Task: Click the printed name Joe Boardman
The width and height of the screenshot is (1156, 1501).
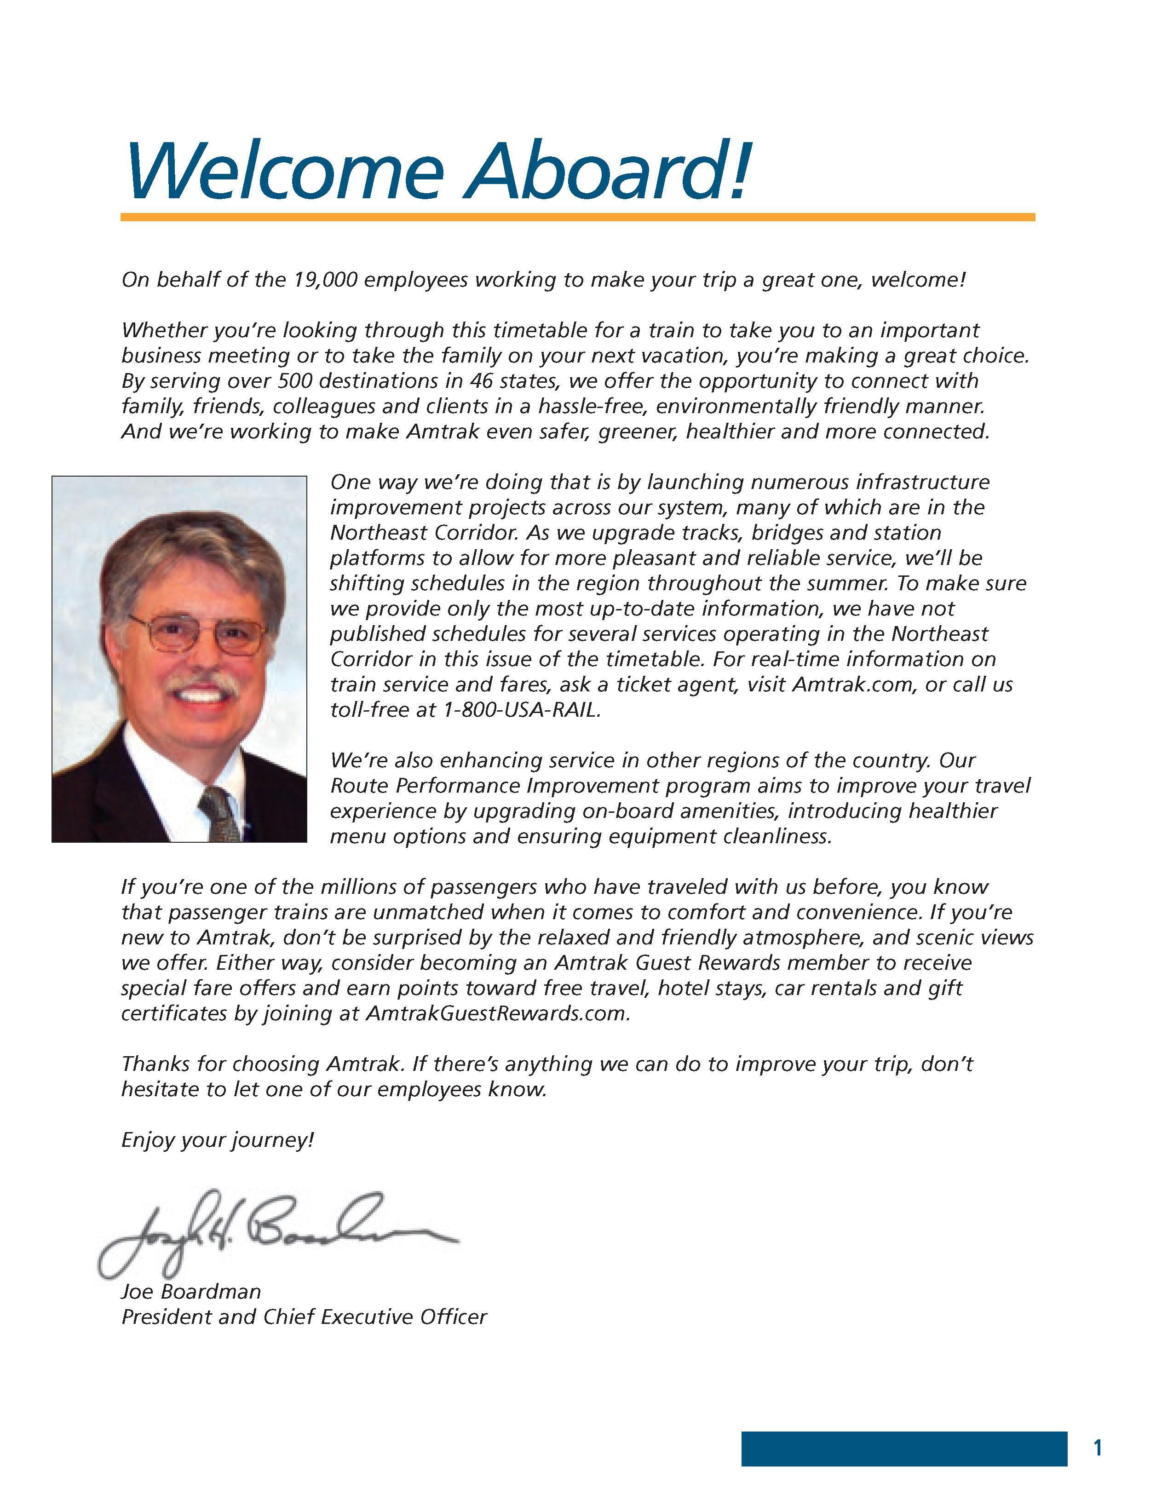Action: coord(191,1291)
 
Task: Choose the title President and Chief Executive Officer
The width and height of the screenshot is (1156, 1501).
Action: coord(304,1317)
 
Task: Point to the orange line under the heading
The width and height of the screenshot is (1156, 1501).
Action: coord(577,217)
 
